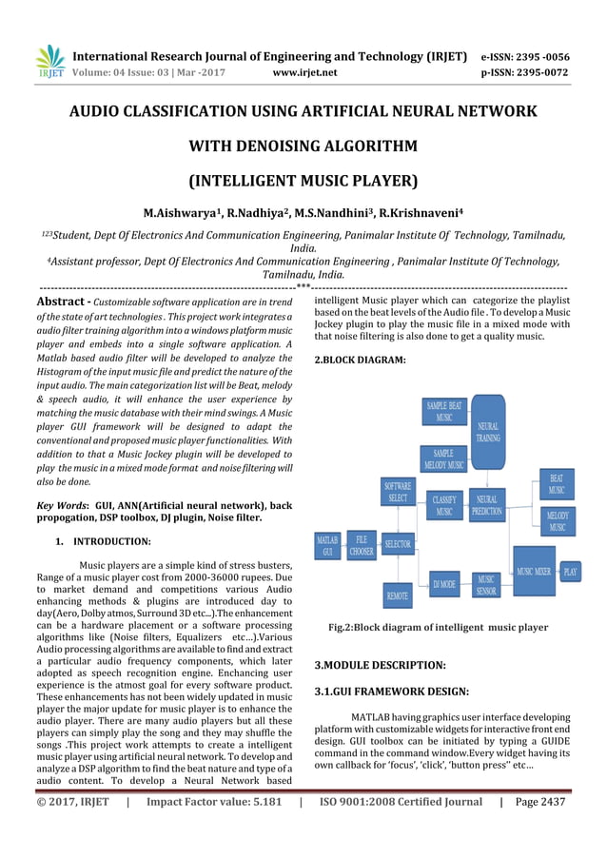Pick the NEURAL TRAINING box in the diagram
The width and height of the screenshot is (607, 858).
click(487, 439)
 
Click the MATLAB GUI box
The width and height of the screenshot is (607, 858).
click(327, 545)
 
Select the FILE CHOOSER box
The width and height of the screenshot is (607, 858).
click(362, 545)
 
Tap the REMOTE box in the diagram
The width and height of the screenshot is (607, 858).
click(398, 595)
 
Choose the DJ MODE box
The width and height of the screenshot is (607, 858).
click(443, 583)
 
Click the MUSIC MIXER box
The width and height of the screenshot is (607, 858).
click(534, 572)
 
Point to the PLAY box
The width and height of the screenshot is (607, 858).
click(571, 572)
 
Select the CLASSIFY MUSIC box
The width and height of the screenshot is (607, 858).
click(443, 505)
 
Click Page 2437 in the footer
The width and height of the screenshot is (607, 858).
click(538, 801)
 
